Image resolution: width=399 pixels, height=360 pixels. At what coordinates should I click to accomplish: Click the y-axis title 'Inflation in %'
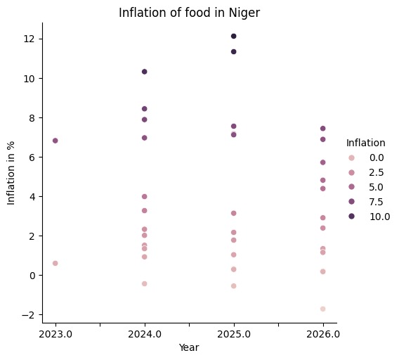[11, 172]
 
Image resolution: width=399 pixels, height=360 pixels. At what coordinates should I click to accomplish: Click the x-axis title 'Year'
[188, 347]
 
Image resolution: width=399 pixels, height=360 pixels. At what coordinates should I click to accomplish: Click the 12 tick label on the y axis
[30, 39]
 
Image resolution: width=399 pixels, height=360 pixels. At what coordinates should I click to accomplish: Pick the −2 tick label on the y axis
[27, 314]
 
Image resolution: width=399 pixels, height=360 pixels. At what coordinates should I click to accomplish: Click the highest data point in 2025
[233, 37]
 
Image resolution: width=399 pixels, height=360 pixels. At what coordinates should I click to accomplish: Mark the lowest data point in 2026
[322, 309]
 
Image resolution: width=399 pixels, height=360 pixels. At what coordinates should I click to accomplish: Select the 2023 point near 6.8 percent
[55, 141]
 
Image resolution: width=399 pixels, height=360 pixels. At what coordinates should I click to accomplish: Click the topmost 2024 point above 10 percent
[144, 72]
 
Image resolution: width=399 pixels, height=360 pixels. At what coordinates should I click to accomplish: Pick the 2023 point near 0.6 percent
[55, 263]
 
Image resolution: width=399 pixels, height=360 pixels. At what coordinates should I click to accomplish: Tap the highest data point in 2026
[322, 129]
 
